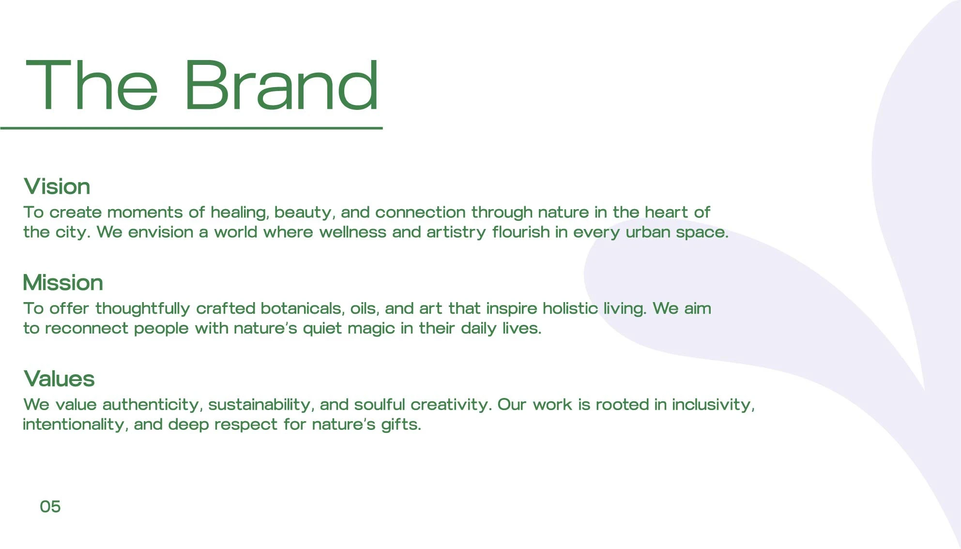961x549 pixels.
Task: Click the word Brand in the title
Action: tap(281, 85)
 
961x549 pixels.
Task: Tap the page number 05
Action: tap(50, 506)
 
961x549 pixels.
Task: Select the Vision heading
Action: tap(57, 186)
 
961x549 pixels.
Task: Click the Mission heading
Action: tap(63, 282)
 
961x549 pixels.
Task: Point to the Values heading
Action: tap(59, 379)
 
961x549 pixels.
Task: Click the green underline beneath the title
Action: tap(191, 128)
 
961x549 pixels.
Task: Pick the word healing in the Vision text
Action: tap(240, 213)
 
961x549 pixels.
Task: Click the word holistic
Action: tap(570, 308)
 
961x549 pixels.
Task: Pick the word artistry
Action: tap(456, 232)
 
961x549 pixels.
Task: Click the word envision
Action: tap(161, 232)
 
